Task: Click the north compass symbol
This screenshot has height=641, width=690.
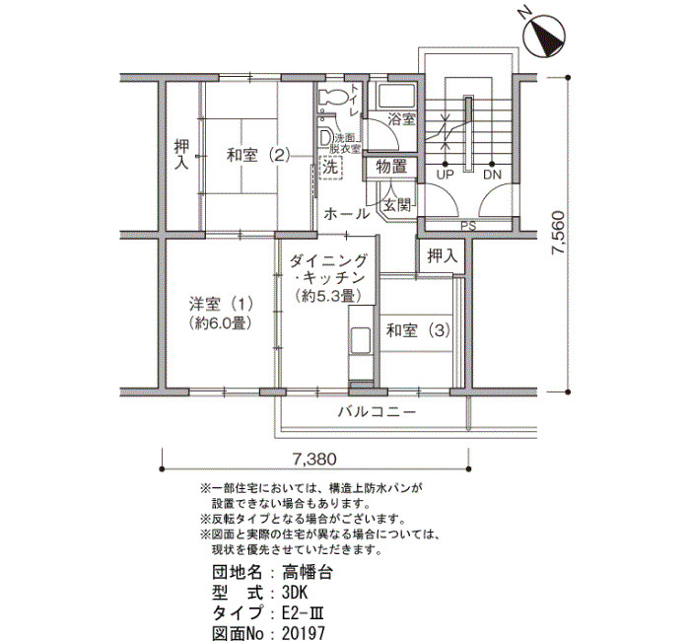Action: tap(545, 37)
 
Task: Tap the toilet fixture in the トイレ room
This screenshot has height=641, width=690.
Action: tap(332, 98)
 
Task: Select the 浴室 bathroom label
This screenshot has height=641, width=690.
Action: tap(401, 119)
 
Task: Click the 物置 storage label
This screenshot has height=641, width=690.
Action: tap(391, 167)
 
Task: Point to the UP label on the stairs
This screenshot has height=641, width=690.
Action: tap(445, 175)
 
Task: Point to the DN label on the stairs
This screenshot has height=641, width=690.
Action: tap(492, 175)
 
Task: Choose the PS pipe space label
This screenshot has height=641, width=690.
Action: tap(468, 226)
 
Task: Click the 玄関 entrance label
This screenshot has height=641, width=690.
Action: tap(397, 205)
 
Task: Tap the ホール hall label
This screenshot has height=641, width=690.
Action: tap(346, 214)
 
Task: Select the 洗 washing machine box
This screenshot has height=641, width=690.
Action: tap(330, 168)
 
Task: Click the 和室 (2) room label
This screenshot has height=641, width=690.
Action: tap(258, 155)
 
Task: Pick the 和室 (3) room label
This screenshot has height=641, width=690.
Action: tap(418, 330)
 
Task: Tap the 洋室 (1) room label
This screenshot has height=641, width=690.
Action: tap(221, 304)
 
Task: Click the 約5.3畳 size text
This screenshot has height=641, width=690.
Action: tap(328, 296)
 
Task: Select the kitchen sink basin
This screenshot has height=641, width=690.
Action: tap(362, 340)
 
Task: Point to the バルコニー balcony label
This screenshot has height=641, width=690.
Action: tap(377, 412)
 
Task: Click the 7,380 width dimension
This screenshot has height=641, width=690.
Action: tap(314, 460)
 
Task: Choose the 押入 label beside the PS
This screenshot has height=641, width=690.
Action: tap(443, 256)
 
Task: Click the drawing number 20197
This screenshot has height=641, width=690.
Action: tap(304, 633)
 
